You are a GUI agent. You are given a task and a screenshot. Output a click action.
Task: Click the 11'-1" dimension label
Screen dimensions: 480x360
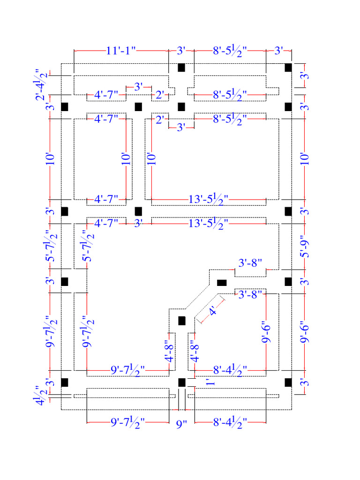120,51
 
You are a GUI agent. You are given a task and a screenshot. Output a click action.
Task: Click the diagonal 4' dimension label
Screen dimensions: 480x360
213,311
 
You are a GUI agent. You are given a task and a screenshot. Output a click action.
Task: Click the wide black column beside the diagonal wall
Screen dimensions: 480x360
221,283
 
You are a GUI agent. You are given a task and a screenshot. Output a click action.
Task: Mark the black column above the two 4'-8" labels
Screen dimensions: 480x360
182,321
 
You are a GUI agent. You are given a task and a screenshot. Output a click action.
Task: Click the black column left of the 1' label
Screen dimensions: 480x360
182,382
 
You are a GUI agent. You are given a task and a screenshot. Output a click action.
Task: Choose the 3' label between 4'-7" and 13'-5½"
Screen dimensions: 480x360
138,224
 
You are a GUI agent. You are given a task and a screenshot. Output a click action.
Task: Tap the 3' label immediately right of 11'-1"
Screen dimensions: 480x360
181,51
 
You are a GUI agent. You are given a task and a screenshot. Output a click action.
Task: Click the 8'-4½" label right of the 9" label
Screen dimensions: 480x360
230,423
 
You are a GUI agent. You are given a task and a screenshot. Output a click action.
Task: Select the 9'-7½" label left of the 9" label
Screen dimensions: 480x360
127,423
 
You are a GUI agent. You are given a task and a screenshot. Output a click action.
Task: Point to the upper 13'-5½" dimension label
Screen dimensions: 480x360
209,199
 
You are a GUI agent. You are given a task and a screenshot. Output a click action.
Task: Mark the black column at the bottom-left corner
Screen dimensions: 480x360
65,382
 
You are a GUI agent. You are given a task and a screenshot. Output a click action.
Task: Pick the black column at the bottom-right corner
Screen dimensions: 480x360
288,382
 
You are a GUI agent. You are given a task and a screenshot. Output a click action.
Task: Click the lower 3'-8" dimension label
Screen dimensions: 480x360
250,295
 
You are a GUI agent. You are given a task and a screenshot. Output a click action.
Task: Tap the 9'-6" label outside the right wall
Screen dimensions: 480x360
305,332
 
